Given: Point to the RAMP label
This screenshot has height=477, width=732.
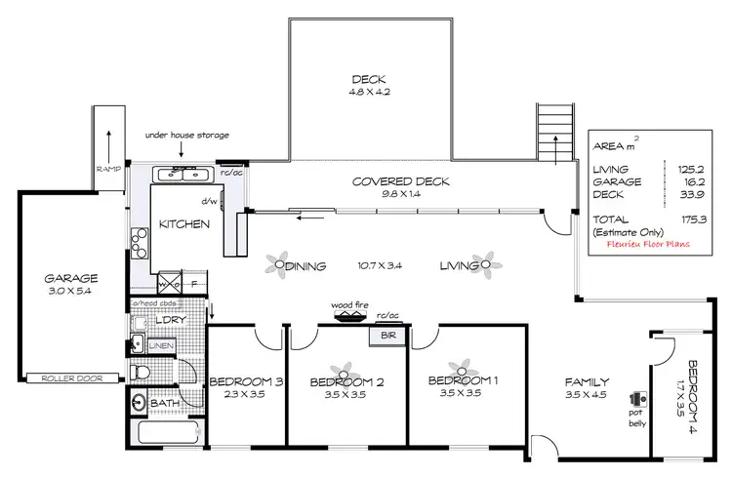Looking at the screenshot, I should tap(106, 167).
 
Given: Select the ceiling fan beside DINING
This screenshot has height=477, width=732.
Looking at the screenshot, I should tap(281, 263).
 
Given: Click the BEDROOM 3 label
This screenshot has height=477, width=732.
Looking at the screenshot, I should tap(246, 381).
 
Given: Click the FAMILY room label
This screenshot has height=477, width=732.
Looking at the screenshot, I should tap(587, 382).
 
